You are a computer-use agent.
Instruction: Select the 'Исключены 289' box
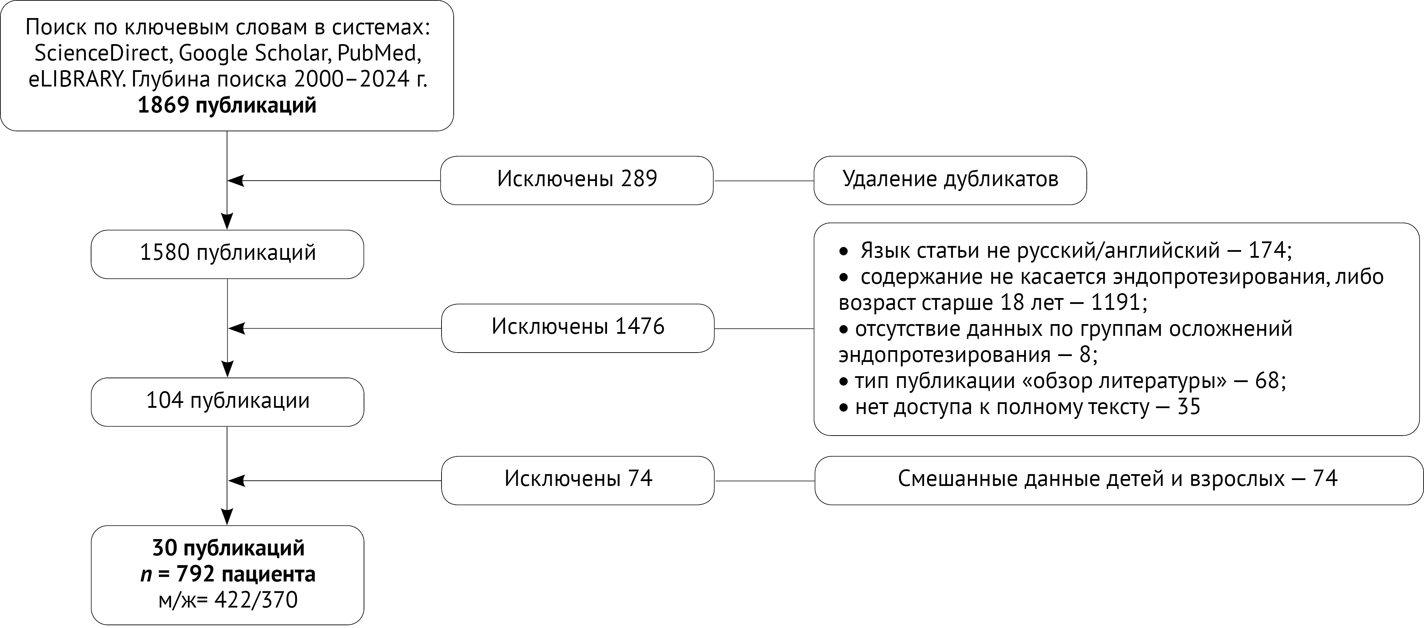[576, 180]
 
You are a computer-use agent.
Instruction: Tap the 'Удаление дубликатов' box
[950, 180]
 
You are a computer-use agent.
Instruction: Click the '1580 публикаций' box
[227, 254]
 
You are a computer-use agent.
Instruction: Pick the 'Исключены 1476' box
[578, 328]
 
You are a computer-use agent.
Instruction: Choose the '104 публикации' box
[227, 402]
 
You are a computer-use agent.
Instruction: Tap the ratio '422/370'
[256, 600]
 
